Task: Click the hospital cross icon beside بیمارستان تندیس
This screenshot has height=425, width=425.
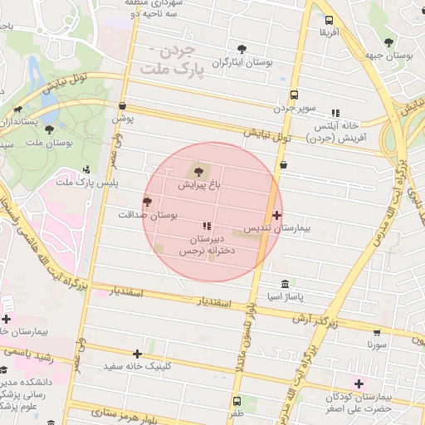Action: coord(277,215)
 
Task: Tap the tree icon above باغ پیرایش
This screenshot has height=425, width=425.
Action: coord(197,171)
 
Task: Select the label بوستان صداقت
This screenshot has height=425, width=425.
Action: coord(173,215)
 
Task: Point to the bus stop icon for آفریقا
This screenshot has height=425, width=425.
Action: coord(330,21)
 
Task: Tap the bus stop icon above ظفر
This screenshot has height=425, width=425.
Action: coord(237,400)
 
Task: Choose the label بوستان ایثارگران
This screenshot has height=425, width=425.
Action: coord(242,62)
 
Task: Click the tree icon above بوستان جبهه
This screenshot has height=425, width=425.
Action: coord(389,42)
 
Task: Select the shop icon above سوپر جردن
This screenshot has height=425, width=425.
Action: coord(295,95)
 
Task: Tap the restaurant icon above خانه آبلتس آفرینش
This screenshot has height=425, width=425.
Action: coord(335,113)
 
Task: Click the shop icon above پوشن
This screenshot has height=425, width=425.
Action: coord(123,106)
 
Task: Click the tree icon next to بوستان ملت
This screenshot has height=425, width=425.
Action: coord(49,130)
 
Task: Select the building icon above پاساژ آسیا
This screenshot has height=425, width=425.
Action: coord(286,283)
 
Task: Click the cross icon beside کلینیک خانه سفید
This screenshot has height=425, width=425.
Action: coord(138,354)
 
